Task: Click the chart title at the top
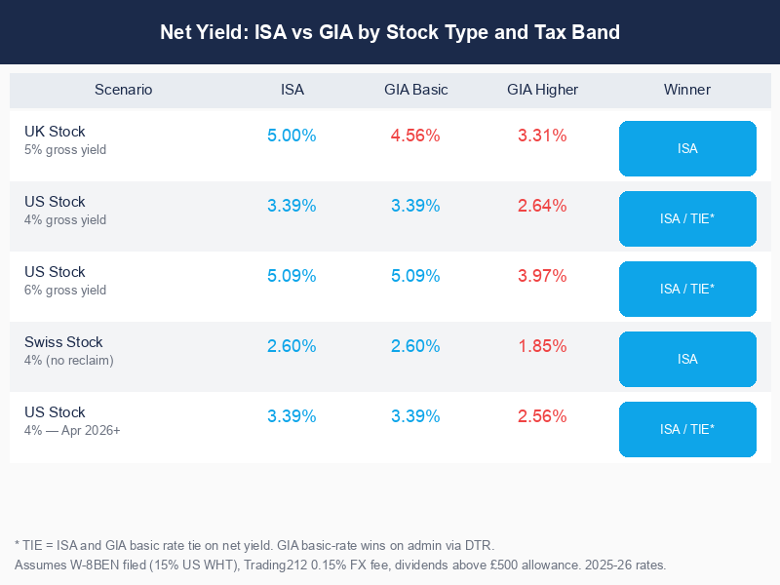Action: click(390, 32)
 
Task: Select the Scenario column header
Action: click(123, 90)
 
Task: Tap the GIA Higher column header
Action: click(542, 90)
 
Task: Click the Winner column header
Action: click(687, 90)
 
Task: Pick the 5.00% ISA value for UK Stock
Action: click(292, 136)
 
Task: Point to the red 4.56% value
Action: click(415, 136)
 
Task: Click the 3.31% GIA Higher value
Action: click(542, 136)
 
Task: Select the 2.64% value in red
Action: click(542, 206)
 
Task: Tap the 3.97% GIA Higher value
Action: click(542, 276)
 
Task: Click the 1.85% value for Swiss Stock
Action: click(542, 346)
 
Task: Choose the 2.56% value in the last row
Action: click(542, 416)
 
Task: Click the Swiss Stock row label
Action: click(63, 342)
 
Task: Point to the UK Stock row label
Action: click(55, 132)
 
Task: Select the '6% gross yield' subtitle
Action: click(65, 291)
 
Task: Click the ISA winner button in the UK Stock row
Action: click(687, 148)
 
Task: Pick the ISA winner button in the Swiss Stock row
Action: click(687, 359)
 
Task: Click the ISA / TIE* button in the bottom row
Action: click(687, 429)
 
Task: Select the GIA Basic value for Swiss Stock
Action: click(415, 346)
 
